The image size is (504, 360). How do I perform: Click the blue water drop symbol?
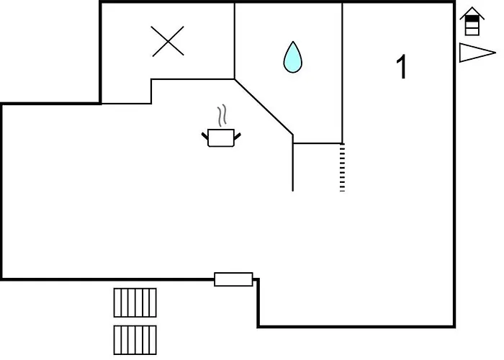click(292, 57)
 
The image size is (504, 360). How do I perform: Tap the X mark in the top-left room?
click(168, 42)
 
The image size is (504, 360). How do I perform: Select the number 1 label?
click(402, 66)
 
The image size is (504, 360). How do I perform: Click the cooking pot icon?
click(221, 138)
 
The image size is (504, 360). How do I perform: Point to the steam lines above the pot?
click(222, 115)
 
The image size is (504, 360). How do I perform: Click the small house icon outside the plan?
click(472, 21)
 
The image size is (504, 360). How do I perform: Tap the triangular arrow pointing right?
click(477, 53)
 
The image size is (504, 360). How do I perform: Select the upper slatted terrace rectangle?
click(135, 303)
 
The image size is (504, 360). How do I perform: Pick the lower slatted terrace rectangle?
click(135, 340)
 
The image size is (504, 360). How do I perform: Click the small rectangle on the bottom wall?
click(233, 279)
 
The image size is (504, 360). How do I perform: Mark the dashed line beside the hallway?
click(342, 168)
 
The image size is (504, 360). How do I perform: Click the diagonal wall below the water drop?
click(264, 107)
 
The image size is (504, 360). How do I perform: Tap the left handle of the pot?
click(205, 136)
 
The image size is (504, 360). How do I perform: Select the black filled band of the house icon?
click(472, 19)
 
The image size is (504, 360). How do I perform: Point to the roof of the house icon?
click(472, 13)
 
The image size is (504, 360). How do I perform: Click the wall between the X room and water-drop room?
click(235, 41)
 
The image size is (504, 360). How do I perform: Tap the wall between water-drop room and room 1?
click(342, 73)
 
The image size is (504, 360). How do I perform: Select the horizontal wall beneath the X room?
click(193, 79)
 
